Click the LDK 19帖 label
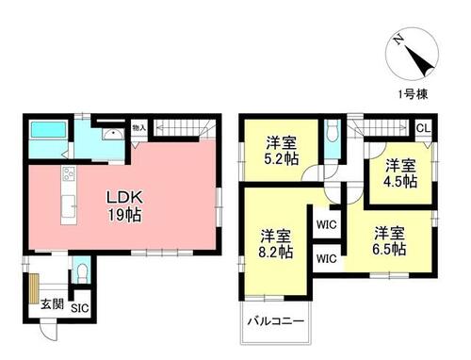(x=125, y=205)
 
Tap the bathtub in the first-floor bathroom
(x=48, y=130)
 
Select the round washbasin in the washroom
(x=112, y=135)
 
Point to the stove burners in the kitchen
(x=69, y=173)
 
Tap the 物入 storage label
(x=139, y=128)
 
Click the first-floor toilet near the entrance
(x=82, y=272)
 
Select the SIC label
(x=80, y=308)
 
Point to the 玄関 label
(x=52, y=304)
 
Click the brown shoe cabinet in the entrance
(x=34, y=288)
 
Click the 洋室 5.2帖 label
(x=281, y=151)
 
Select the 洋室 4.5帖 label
(x=401, y=173)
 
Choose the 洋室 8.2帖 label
(x=276, y=244)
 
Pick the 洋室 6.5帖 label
(x=389, y=241)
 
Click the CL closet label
(x=424, y=128)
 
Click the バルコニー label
(x=276, y=321)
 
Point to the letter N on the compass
(x=399, y=40)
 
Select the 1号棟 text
(x=413, y=94)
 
